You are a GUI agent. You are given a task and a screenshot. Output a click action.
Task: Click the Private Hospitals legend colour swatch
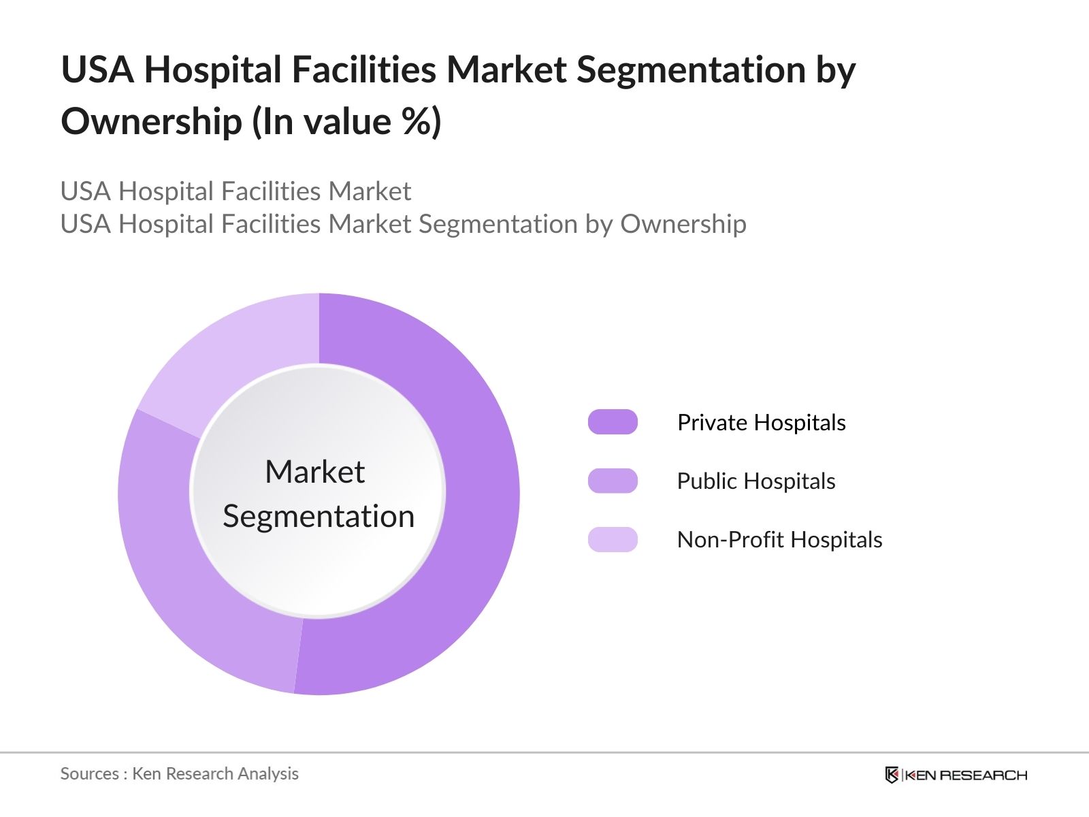(x=613, y=422)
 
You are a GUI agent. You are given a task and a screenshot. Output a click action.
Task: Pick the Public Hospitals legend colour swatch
(x=613, y=481)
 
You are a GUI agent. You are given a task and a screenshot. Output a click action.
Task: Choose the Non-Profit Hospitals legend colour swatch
(x=613, y=539)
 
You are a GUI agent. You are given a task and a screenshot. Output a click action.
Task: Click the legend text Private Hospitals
(x=761, y=423)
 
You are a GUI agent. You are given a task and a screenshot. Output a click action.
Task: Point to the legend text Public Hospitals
(x=755, y=481)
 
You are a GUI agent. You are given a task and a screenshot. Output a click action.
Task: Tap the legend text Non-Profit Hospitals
(x=779, y=540)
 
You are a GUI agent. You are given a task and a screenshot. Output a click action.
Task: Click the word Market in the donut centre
(x=314, y=472)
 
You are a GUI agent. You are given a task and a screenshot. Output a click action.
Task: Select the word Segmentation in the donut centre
(x=319, y=516)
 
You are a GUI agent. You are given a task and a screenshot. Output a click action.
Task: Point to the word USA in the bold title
(x=97, y=70)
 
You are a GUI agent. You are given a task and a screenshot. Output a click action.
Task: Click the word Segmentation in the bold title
(x=691, y=70)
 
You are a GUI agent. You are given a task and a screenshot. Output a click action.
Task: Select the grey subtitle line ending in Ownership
(x=403, y=224)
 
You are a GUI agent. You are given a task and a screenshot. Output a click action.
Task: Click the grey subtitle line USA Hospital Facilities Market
(x=235, y=191)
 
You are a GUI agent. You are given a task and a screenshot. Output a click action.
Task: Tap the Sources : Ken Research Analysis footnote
(x=179, y=773)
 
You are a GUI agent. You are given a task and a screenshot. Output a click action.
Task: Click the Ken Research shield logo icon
(x=892, y=775)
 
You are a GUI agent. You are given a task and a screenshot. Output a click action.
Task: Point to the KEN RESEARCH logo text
(x=966, y=775)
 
